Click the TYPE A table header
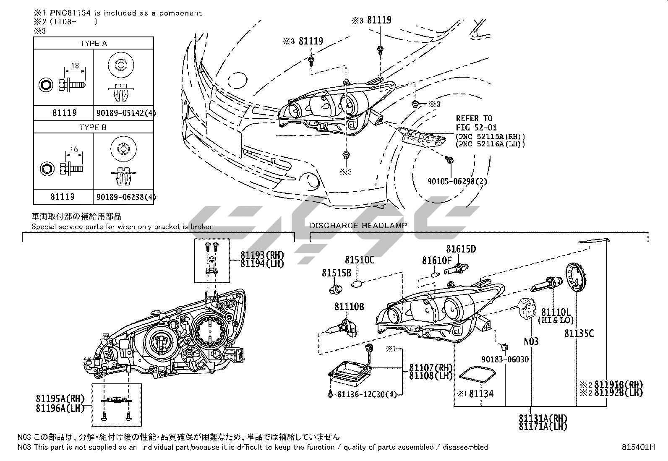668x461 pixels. coord(93,43)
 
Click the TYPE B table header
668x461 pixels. coord(93,127)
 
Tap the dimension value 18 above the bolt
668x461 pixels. coord(75,65)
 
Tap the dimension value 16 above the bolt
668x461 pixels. coord(74,149)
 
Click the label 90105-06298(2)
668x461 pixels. coord(457,181)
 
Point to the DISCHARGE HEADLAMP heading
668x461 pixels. coord(358,225)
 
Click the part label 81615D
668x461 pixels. coord(461,249)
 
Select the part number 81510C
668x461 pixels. coord(360,260)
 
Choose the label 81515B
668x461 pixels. coord(337,273)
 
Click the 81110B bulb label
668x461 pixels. coord(349,307)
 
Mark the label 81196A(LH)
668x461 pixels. coord(60,408)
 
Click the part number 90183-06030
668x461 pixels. coord(505,359)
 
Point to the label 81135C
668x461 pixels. coord(579,333)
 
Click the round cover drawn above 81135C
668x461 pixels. coord(576,280)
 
